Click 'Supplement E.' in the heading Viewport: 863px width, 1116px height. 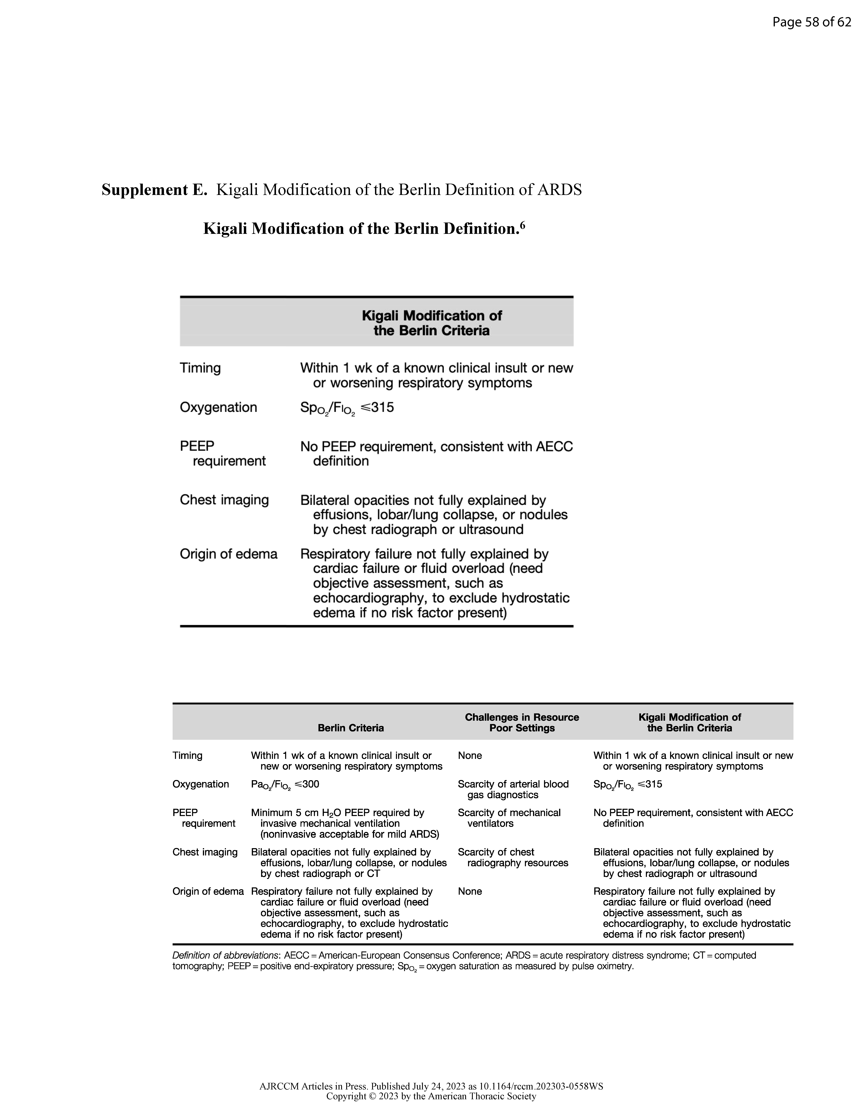(154, 190)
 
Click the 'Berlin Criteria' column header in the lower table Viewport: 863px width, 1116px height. (351, 728)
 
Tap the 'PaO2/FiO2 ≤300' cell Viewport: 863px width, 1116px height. (285, 784)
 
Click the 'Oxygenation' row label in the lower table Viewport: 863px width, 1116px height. (200, 784)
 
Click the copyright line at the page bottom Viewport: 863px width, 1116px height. (431, 1096)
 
